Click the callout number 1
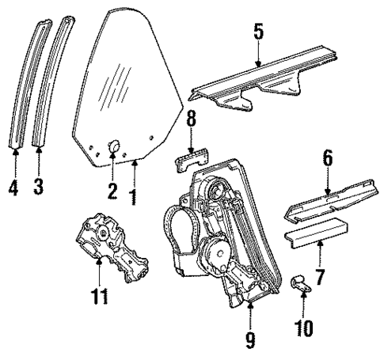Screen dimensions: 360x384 tap(134, 191)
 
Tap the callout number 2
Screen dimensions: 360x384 tap(112, 191)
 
